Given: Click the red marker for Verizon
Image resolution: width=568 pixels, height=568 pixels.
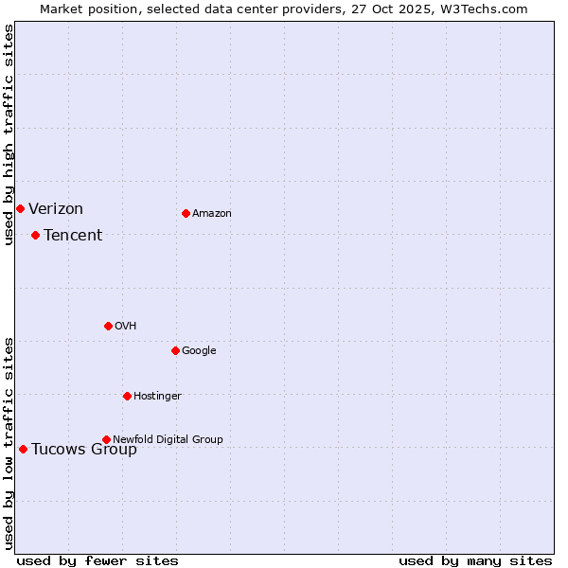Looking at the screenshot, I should click(20, 208).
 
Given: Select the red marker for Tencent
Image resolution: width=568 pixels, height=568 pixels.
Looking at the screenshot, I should click(35, 235).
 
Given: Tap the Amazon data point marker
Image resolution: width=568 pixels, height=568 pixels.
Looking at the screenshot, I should click(186, 213).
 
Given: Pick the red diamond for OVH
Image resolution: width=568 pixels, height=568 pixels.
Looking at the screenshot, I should click(108, 326).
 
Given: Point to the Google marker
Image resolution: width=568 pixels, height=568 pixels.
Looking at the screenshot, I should click(175, 350).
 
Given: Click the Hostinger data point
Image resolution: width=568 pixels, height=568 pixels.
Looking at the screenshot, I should click(127, 396).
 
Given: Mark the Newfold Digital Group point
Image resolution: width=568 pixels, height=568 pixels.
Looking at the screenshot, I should click(106, 439).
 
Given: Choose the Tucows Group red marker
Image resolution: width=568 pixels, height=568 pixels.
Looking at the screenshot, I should click(23, 449).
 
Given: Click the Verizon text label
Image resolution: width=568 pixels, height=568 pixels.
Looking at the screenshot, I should click(56, 209).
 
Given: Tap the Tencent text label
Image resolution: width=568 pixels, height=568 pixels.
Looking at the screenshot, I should click(73, 236).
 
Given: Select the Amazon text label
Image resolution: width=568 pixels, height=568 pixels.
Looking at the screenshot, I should click(212, 214).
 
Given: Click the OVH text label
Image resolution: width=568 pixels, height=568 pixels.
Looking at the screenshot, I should click(126, 327).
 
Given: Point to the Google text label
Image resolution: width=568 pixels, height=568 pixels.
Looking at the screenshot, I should click(199, 351).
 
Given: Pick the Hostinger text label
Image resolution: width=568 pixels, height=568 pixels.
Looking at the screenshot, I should click(157, 397).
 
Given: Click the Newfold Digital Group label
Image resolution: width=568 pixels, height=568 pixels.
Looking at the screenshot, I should click(168, 439).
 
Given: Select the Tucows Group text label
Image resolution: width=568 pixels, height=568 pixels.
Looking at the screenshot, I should click(84, 450).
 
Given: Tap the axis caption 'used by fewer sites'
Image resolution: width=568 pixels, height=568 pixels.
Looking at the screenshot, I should click(98, 560).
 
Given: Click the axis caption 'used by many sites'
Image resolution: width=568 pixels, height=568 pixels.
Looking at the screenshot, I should click(475, 560).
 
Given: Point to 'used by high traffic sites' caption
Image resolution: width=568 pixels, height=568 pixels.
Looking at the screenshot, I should click(9, 134).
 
